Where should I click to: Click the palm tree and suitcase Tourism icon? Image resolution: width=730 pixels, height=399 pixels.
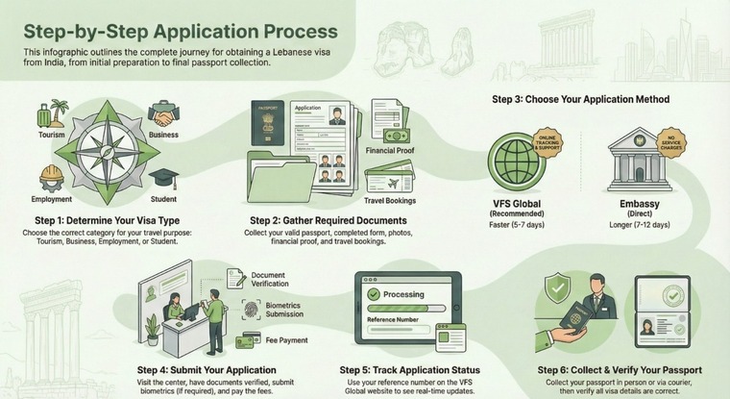tap(48, 112)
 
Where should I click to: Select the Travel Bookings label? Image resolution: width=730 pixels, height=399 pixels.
tap(390, 200)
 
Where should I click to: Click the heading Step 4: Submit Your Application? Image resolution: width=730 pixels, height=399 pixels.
tap(207, 369)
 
